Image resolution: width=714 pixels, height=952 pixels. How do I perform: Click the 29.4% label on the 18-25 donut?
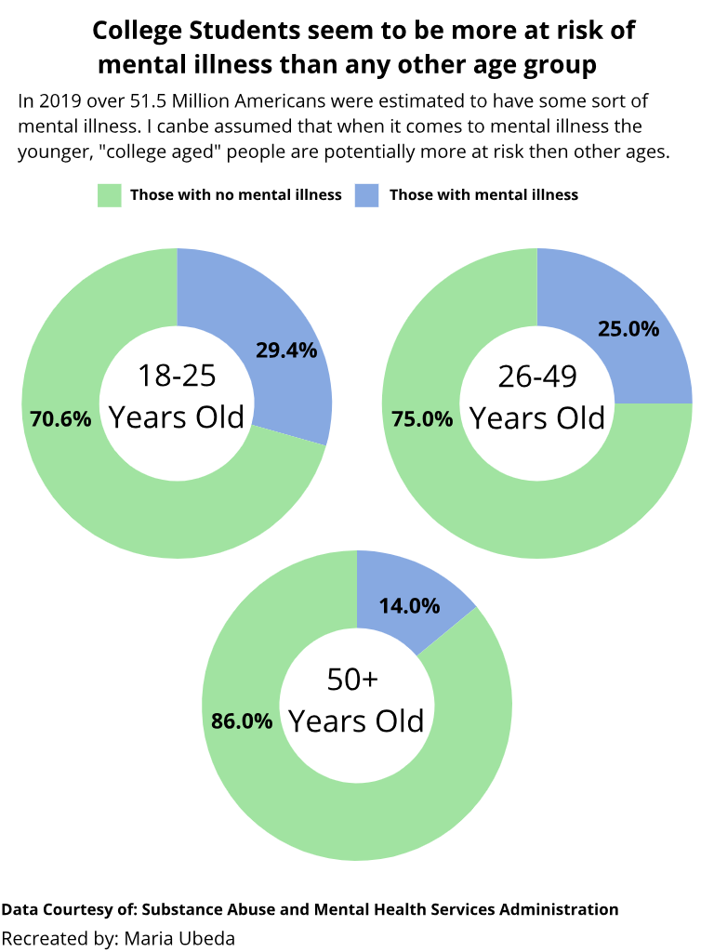[286, 350]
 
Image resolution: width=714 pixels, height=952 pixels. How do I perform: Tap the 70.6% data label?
[60, 419]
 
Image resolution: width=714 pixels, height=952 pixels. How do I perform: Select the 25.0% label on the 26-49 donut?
[628, 328]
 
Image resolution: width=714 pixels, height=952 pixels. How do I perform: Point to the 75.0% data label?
[422, 419]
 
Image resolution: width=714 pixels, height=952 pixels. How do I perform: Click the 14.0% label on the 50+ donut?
[409, 606]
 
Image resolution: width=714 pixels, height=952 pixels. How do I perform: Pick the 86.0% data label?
[242, 721]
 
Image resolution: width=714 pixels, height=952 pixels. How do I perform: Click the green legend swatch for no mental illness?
[110, 195]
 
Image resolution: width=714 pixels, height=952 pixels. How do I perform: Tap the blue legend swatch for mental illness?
[367, 195]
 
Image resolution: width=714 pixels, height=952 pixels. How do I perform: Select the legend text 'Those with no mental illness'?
[236, 195]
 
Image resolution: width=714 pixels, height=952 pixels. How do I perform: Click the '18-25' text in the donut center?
[177, 376]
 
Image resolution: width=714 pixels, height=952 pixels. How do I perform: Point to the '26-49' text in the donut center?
[537, 376]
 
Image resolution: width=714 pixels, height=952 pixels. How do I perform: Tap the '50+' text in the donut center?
[352, 680]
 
